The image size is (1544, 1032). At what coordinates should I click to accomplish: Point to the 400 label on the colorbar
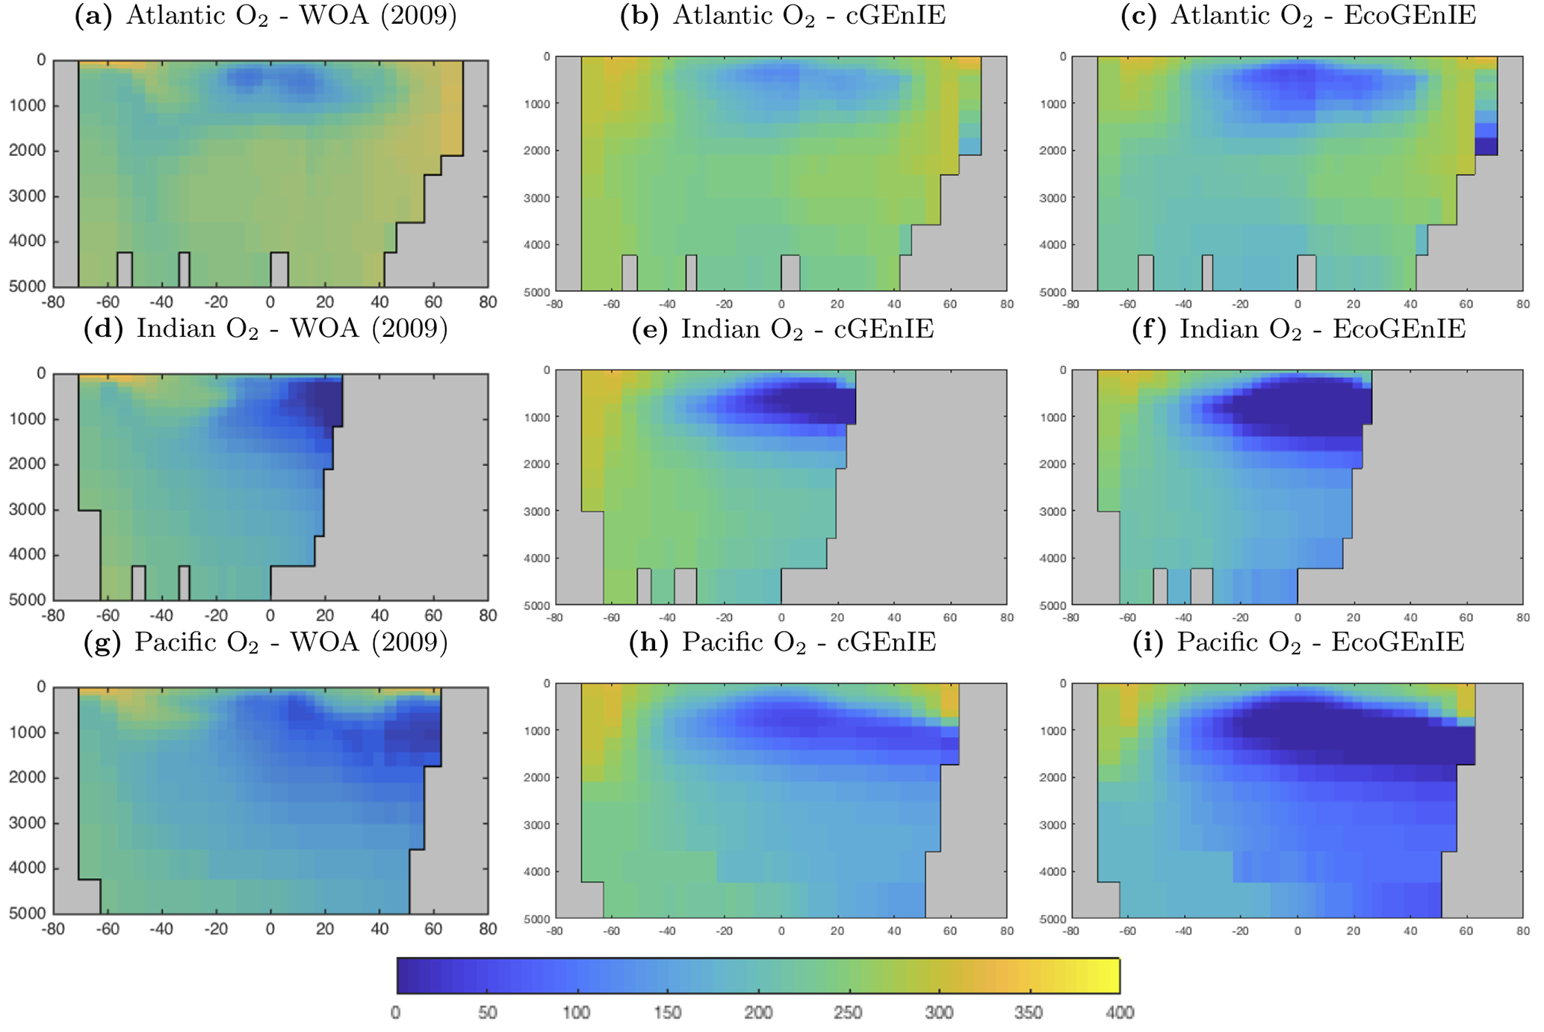1119,1013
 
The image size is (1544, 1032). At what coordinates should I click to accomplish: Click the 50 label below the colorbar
487,1013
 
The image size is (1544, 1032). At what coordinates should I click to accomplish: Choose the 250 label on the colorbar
848,1013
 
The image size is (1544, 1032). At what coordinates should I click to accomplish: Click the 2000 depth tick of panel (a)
28,151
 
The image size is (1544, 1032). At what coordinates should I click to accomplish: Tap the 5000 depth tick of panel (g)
28,913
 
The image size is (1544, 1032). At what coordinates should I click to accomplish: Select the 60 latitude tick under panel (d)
433,616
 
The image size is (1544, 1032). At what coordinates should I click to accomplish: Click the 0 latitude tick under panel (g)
270,930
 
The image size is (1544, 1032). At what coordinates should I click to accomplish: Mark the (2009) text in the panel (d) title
411,329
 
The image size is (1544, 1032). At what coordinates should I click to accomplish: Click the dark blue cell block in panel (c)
1486,146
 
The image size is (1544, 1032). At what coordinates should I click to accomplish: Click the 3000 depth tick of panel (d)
28,510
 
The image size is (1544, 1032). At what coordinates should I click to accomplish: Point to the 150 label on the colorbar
667,1013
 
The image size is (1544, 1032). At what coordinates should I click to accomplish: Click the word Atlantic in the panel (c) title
1221,16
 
